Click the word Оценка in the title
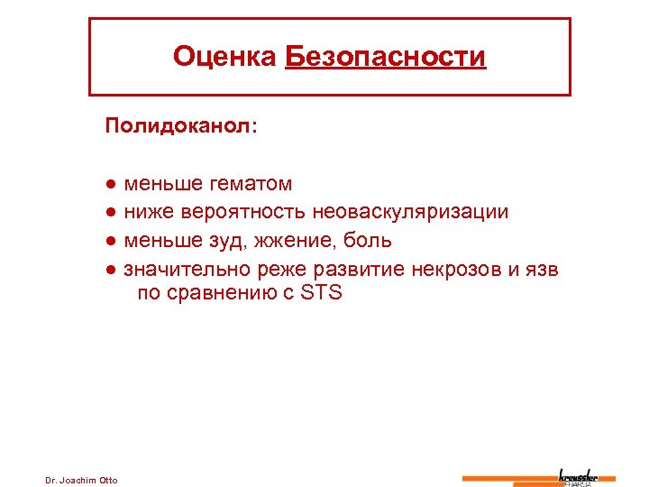tap(224, 58)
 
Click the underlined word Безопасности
tap(385, 58)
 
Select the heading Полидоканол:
tap(181, 125)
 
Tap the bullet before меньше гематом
tap(109, 185)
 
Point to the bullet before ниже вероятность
tap(109, 213)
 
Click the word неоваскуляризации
tap(410, 213)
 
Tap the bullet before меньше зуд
tap(109, 241)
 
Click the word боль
tap(370, 241)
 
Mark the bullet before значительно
tap(109, 269)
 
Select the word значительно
tap(187, 269)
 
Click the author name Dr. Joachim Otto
tap(81, 479)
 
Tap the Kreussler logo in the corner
tap(578, 476)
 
